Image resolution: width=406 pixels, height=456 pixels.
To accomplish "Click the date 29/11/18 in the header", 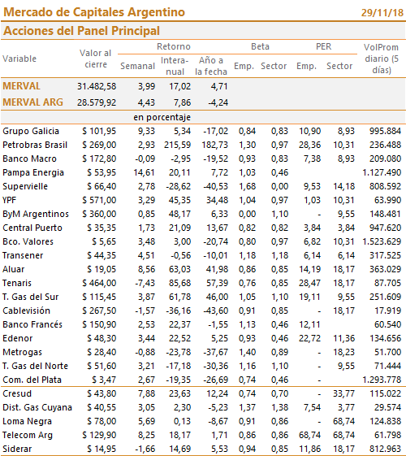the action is pyautogui.click(x=382, y=13).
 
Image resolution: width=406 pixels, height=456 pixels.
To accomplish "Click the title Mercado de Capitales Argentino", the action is pyautogui.click(x=94, y=12).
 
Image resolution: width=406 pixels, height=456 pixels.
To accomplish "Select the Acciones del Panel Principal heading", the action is pyautogui.click(x=82, y=31).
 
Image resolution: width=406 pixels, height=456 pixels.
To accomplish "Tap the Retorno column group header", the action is pyautogui.click(x=174, y=46).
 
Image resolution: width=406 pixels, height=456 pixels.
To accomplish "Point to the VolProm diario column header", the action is pyautogui.click(x=382, y=59).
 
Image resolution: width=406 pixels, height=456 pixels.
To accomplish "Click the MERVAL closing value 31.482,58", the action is pyautogui.click(x=97, y=86).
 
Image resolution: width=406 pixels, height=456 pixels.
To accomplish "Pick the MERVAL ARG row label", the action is pyautogui.click(x=32, y=102).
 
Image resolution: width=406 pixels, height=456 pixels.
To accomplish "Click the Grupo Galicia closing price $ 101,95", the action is pyautogui.click(x=99, y=131).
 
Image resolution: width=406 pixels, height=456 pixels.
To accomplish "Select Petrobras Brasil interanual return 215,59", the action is pyautogui.click(x=177, y=145).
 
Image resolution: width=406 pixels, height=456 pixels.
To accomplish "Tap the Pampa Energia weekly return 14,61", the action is pyautogui.click(x=144, y=172).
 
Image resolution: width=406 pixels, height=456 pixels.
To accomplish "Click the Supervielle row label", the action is pyautogui.click(x=25, y=186).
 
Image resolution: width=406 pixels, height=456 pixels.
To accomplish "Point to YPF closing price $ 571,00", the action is pyautogui.click(x=99, y=200).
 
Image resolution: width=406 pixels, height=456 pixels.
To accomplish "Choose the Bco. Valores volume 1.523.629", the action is pyautogui.click(x=382, y=241).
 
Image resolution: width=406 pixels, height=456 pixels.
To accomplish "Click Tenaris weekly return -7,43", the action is pyautogui.click(x=145, y=283).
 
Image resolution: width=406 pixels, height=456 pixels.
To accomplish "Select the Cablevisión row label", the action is pyautogui.click(x=27, y=311).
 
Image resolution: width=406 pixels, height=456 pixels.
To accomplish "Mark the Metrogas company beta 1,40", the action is pyautogui.click(x=247, y=352).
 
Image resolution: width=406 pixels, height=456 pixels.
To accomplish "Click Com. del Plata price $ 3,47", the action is pyautogui.click(x=104, y=380).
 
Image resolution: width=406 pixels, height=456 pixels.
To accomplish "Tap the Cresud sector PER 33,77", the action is pyautogui.click(x=343, y=393).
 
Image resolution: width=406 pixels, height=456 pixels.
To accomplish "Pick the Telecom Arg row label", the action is pyautogui.click(x=28, y=435).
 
